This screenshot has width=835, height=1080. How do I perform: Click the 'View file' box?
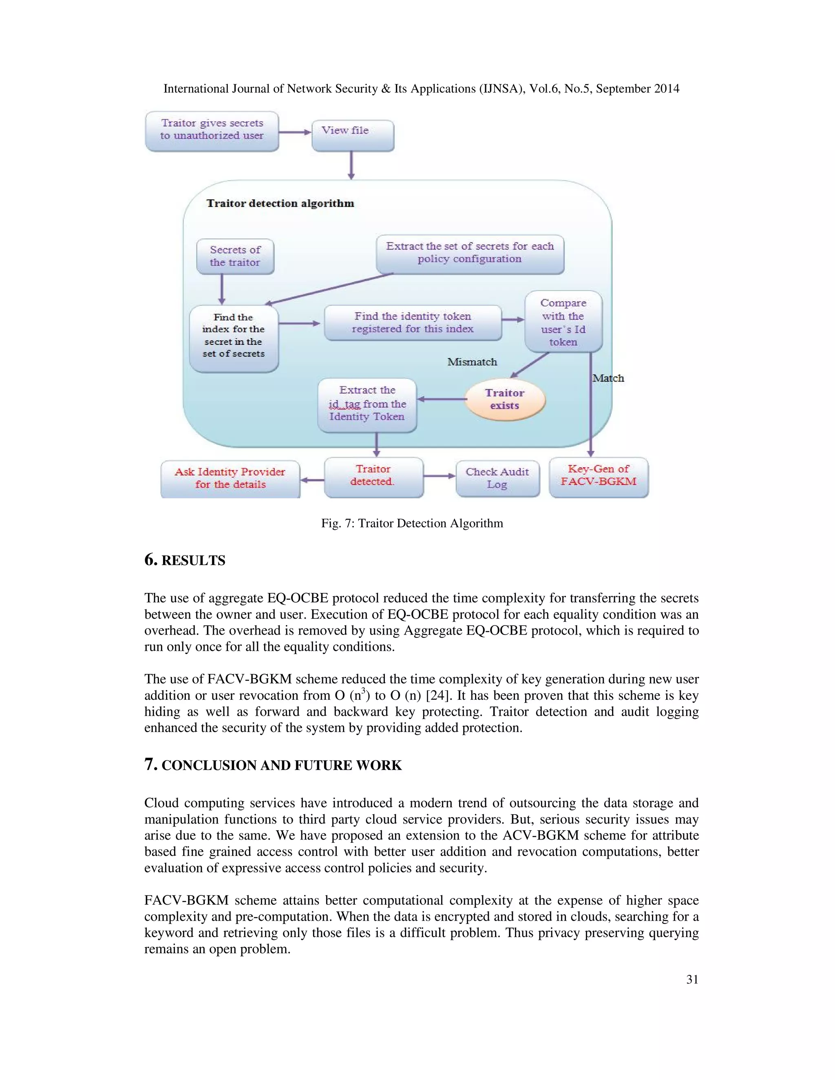pos(353,135)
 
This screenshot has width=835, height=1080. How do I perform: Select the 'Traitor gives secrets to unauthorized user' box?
pos(212,131)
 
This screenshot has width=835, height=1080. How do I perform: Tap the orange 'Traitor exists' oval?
pos(505,399)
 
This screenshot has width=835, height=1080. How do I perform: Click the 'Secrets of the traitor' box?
pos(235,256)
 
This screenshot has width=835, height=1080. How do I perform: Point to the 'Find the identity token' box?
pos(413,322)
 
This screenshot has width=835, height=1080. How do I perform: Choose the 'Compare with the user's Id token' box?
pos(563,322)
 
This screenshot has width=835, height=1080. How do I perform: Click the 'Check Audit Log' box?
pos(497,478)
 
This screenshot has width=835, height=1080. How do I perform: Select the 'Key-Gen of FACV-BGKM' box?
pos(599,477)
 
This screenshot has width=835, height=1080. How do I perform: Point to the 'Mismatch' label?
pos(472,362)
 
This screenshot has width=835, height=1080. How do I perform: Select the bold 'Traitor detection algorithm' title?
pos(280,203)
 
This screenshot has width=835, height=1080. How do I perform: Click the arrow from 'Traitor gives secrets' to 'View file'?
pos(295,132)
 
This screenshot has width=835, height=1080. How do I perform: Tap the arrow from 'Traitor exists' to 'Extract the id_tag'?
pos(441,399)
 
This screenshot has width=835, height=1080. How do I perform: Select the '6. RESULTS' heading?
pos(185,560)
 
